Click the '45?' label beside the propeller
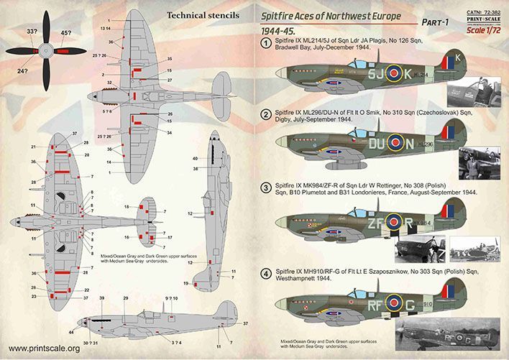click(x=66, y=32)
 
